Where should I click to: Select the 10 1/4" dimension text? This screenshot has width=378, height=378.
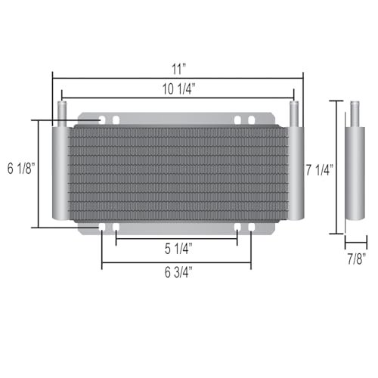178,88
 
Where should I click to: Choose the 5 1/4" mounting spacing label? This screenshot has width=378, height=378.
178,247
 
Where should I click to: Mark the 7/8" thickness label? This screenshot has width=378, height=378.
355,259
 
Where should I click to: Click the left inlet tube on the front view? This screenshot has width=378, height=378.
63,113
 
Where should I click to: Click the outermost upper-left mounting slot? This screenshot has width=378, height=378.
103,120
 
